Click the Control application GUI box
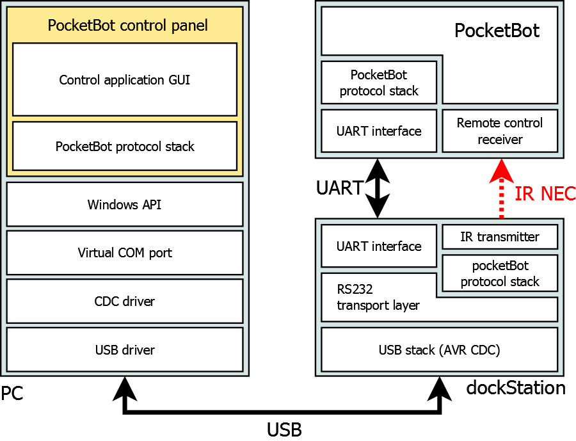tap(125, 80)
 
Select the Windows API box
tap(125, 205)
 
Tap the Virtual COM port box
tap(125, 253)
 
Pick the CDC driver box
tap(125, 301)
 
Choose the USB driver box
tap(125, 350)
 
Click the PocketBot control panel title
tap(128, 26)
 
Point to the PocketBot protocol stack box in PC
tap(125, 147)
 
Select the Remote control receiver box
tap(500, 131)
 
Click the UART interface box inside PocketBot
tap(379, 131)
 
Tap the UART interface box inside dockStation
tap(379, 246)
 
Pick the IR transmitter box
tap(500, 237)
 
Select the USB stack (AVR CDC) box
tap(439, 350)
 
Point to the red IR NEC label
tap(545, 193)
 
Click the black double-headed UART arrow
tap(378, 188)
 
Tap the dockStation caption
tap(516, 388)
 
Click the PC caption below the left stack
tap(12, 393)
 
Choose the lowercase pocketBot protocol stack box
tap(500, 273)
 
